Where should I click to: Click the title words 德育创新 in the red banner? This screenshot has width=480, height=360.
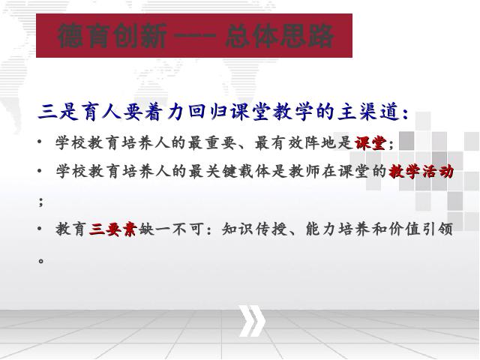pyautogui.click(x=112, y=36)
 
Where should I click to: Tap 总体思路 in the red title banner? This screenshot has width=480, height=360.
pyautogui.click(x=279, y=36)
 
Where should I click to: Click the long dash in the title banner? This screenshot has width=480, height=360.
pyautogui.click(x=195, y=36)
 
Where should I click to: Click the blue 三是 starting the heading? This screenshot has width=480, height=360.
pyautogui.click(x=58, y=111)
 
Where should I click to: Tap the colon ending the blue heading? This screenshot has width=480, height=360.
pyautogui.click(x=406, y=113)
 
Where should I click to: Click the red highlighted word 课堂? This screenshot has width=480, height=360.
pyautogui.click(x=370, y=142)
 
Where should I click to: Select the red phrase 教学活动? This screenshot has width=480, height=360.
pyautogui.click(x=421, y=171)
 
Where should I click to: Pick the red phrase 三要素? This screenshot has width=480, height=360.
pyautogui.click(x=112, y=229)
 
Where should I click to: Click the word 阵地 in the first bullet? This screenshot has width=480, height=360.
pyautogui.click(x=320, y=142)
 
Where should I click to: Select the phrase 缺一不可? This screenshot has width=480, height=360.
pyautogui.click(x=170, y=229)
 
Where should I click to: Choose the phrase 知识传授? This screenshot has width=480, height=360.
pyautogui.click(x=255, y=229)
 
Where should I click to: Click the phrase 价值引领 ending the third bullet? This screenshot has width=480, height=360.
pyautogui.click(x=421, y=229)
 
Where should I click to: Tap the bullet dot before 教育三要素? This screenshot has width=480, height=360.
pyautogui.click(x=40, y=228)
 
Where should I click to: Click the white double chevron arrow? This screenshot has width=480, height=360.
pyautogui.click(x=252, y=320)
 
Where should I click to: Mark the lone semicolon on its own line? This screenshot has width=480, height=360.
pyautogui.click(x=41, y=202)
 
